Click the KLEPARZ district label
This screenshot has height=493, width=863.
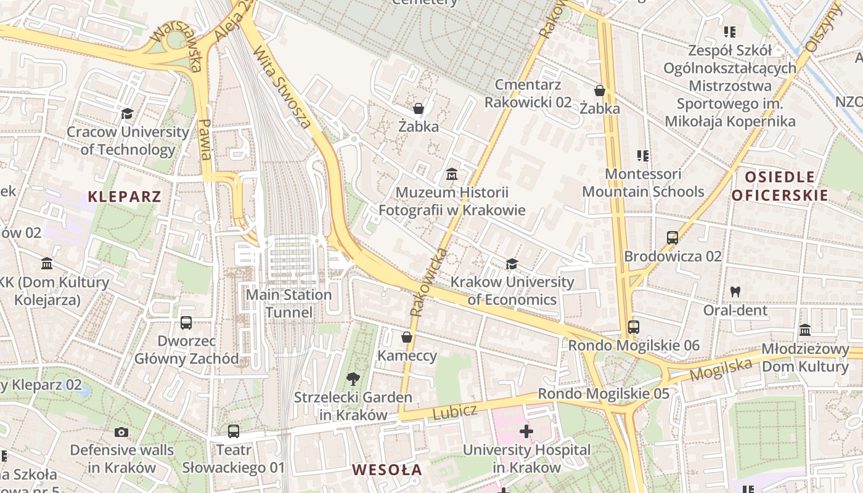click(x=125, y=197)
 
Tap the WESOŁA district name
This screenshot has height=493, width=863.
click(x=387, y=470)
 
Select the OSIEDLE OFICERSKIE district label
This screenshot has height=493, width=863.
click(x=779, y=186)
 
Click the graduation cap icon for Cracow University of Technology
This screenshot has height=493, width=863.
click(x=128, y=113)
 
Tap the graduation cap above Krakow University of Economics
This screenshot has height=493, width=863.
click(x=512, y=264)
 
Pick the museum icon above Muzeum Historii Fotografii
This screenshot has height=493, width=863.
click(x=452, y=174)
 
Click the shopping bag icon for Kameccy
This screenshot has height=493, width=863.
click(x=407, y=337)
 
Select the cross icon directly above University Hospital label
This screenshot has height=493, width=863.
click(x=526, y=431)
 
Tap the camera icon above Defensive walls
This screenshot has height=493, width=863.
click(x=121, y=432)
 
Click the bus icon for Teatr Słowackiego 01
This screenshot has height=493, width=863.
click(x=234, y=431)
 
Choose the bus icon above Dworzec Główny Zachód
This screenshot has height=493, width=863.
click(x=186, y=322)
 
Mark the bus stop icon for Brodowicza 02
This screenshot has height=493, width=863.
click(x=673, y=237)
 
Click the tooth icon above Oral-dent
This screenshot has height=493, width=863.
click(x=735, y=291)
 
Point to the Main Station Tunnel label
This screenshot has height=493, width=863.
click(x=288, y=303)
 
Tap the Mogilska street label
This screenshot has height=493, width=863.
click(x=721, y=369)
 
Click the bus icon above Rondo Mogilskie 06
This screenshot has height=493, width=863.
click(x=634, y=327)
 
